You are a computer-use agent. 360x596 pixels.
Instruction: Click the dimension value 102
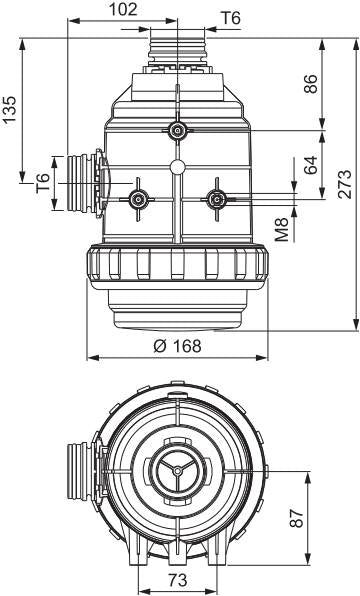tap(122, 10)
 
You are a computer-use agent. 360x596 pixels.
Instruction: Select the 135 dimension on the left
tap(10, 110)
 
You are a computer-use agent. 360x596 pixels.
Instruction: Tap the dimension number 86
tap(311, 84)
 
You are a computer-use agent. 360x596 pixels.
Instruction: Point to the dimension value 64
tap(311, 165)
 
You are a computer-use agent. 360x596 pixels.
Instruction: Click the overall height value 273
tap(345, 184)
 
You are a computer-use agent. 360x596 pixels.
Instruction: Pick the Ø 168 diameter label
tap(177, 346)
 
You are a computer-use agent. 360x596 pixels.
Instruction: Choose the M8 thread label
tap(282, 229)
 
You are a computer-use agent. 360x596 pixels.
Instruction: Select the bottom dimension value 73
tap(178, 580)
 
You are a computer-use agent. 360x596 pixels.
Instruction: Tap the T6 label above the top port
tap(231, 18)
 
